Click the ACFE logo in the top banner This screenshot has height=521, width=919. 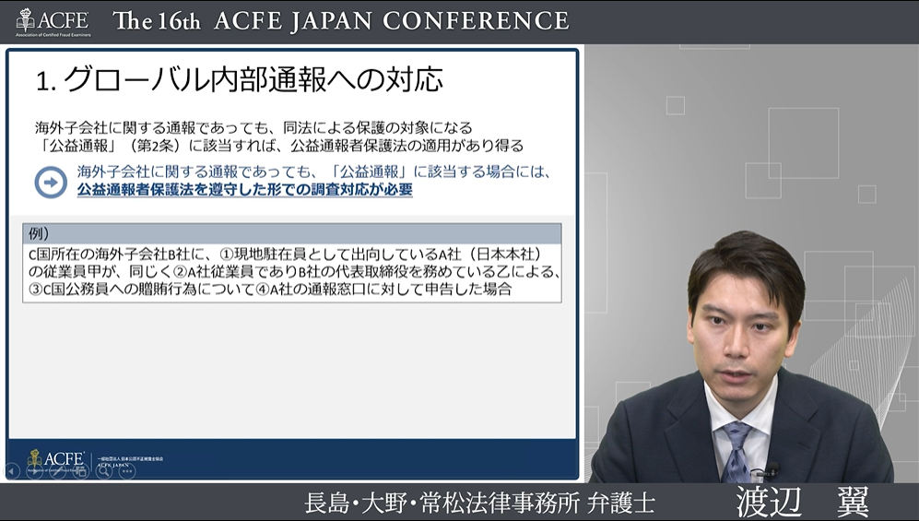(53, 20)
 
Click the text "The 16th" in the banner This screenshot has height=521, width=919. (156, 21)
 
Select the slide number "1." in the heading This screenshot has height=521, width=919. (47, 81)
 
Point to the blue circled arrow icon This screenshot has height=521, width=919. (51, 182)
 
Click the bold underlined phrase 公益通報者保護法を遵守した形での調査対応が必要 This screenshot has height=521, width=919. (244, 190)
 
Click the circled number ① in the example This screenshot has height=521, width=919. (226, 254)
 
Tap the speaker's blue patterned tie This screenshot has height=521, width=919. (737, 448)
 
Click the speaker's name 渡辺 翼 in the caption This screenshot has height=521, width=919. (801, 503)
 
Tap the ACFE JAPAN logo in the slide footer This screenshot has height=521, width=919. (56, 458)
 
